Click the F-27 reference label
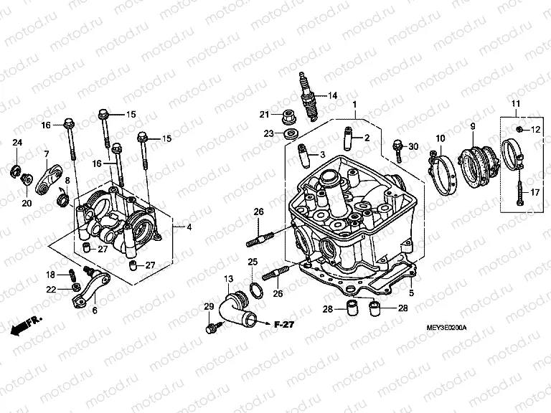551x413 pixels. coord(285,324)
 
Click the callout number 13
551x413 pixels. coord(228,278)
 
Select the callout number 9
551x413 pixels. coord(473,127)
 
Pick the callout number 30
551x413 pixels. coord(413,146)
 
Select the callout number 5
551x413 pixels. coord(411,293)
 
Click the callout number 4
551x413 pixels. coord(189,228)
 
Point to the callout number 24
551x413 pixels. coord(17,144)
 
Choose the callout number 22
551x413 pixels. coord(50,289)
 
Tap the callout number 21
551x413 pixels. coord(265,115)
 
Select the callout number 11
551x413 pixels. coord(515,105)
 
